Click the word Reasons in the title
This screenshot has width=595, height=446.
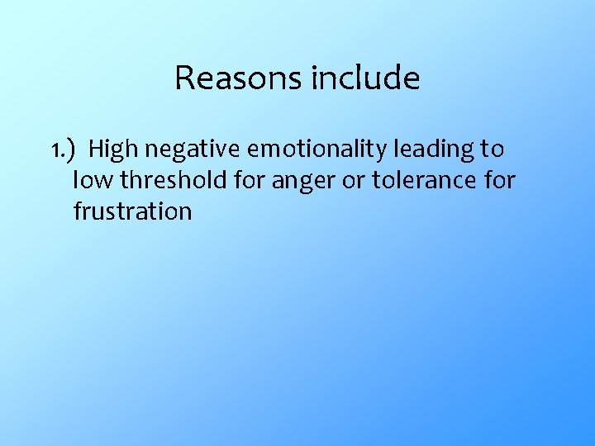pyautogui.click(x=240, y=78)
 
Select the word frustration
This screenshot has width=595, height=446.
pyautogui.click(x=132, y=211)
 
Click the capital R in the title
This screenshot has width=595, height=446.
pyautogui.click(x=184, y=78)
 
